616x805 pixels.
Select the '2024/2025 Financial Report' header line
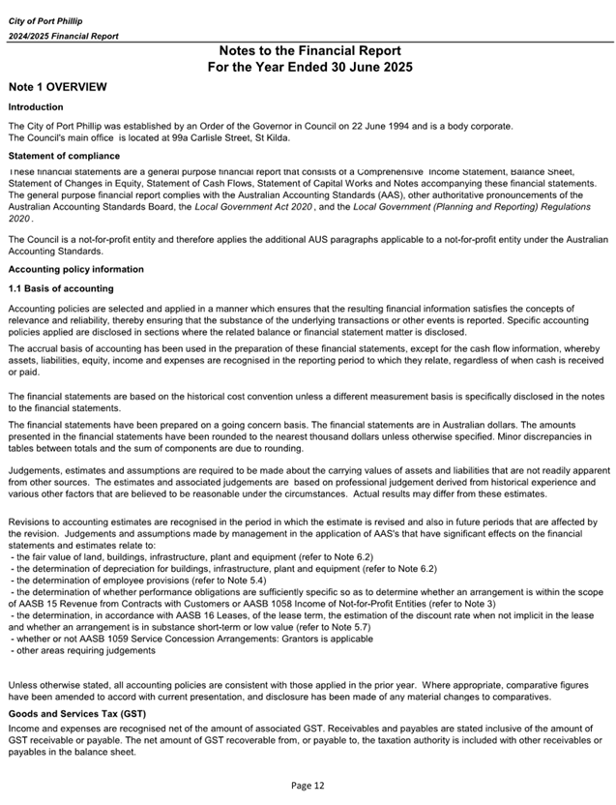(x=64, y=36)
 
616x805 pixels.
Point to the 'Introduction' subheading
(x=36, y=107)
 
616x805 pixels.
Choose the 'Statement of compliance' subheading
(x=64, y=156)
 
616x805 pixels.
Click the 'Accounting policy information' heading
(x=76, y=269)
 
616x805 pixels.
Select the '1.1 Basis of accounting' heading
(x=61, y=288)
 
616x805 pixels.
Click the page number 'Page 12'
(x=308, y=785)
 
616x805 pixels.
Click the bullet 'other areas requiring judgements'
(x=83, y=650)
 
